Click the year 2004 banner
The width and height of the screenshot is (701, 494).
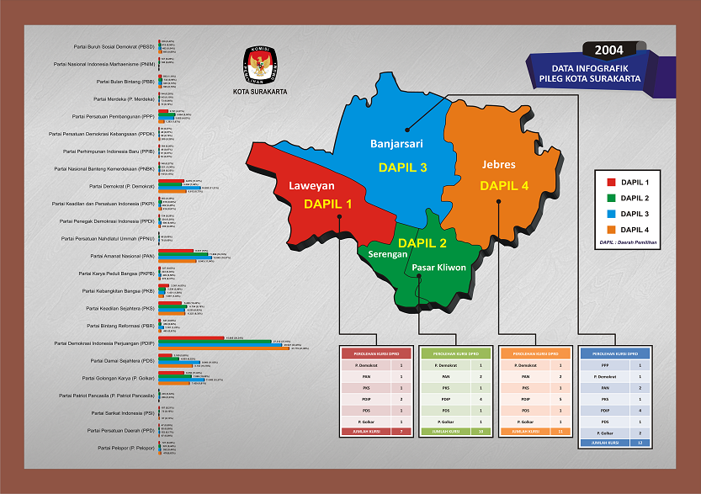tap(608, 50)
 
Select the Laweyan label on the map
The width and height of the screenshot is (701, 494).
tap(312, 185)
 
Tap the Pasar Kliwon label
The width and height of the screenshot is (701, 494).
tap(438, 269)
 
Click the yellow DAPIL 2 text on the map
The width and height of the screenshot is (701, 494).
tap(422, 243)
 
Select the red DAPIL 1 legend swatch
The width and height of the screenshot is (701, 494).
tap(611, 182)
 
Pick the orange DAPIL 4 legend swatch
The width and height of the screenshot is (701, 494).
tap(611, 229)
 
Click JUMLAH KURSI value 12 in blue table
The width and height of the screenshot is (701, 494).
tap(640, 442)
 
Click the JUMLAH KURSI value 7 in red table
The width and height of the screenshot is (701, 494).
tap(401, 431)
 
